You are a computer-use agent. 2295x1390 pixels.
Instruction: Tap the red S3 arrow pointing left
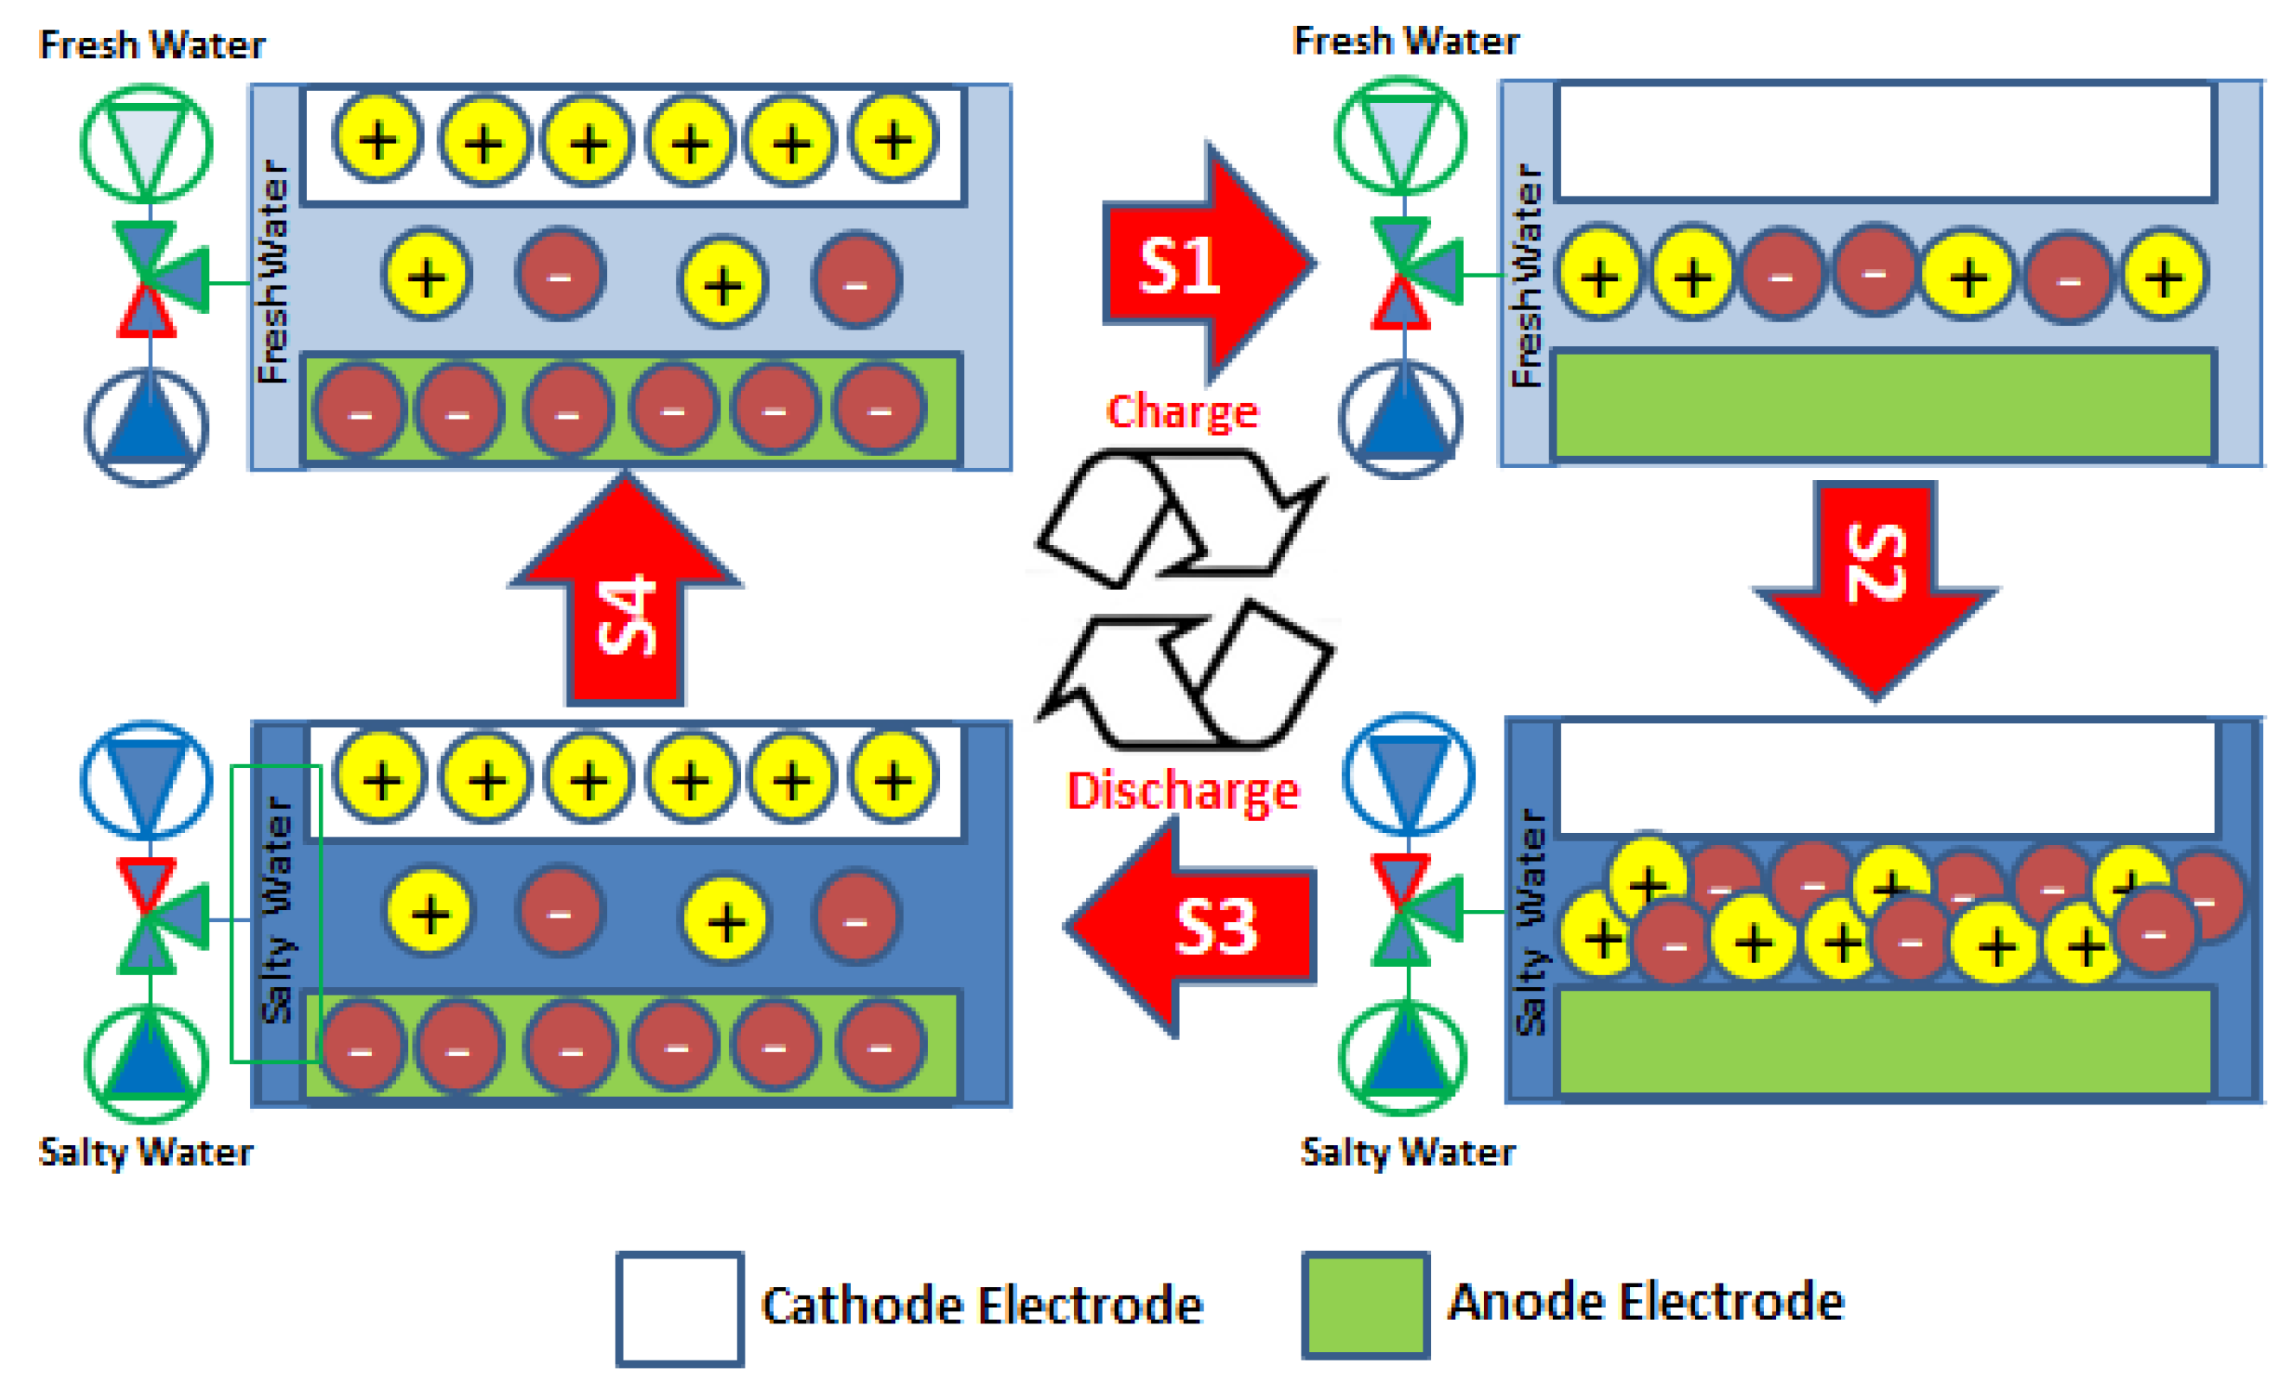tap(1201, 927)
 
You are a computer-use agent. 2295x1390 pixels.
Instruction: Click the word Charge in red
tap(1181, 412)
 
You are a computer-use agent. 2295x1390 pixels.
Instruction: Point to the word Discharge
tap(1181, 792)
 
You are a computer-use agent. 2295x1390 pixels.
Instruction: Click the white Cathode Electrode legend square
tap(679, 1309)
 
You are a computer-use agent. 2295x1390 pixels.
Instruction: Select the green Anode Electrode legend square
tap(1365, 1304)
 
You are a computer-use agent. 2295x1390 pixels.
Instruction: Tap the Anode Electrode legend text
tap(1645, 1303)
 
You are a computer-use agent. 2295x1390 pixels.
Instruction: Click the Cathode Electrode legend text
tap(981, 1306)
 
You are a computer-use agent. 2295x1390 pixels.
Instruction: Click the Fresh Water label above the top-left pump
tap(152, 45)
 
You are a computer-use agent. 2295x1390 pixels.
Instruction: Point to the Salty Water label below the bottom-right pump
tap(1406, 1152)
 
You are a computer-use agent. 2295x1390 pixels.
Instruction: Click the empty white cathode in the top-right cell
tap(1884, 142)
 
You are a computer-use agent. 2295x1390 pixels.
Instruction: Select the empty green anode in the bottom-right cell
tap(1884, 1041)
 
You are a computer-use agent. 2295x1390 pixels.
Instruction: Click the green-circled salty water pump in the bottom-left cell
tap(146, 1062)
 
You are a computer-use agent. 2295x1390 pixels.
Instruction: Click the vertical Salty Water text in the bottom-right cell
tap(1531, 922)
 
